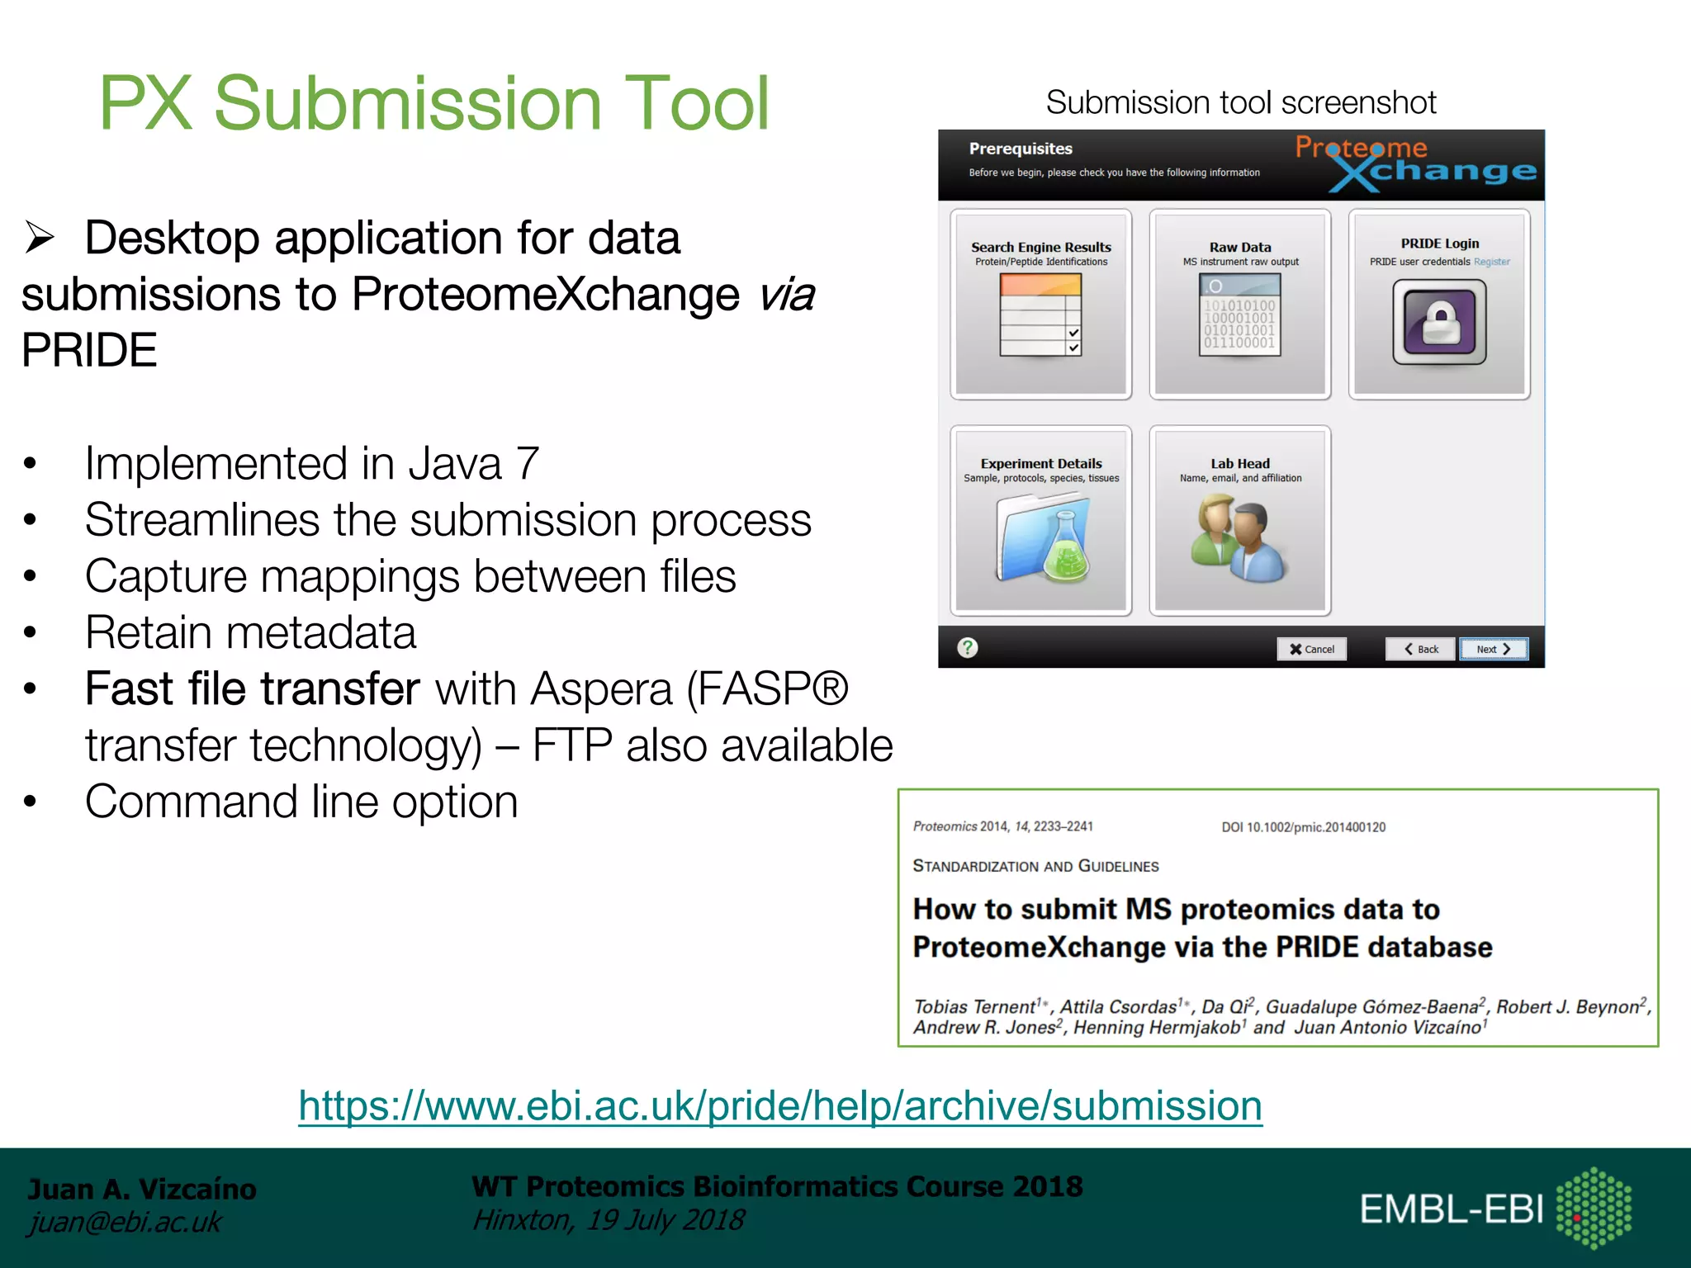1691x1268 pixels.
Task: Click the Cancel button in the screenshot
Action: [x=1311, y=649]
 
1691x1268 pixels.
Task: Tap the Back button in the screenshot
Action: [x=1421, y=649]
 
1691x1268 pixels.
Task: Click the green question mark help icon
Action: [x=968, y=648]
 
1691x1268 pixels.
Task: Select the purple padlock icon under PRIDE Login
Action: [x=1439, y=322]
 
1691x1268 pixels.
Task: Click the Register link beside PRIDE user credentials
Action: [x=1492, y=262]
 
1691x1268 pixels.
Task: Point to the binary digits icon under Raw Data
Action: [x=1239, y=315]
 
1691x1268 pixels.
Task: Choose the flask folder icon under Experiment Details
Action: [x=1042, y=537]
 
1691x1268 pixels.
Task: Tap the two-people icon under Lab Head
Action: [x=1239, y=537]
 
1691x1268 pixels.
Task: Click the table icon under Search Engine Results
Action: [x=1040, y=315]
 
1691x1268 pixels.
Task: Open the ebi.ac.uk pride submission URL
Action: [x=780, y=1105]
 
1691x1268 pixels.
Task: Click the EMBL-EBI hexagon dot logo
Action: [x=1594, y=1208]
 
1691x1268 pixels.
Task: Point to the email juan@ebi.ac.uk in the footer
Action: [x=125, y=1222]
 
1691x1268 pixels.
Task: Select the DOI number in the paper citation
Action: [x=1304, y=827]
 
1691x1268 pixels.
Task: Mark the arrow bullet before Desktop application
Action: [x=40, y=238]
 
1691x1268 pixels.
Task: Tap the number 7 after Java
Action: [x=527, y=464]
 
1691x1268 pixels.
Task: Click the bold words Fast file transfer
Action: [x=253, y=688]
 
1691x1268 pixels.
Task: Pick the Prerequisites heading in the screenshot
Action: [x=1021, y=149]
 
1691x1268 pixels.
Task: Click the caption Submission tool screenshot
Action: [x=1241, y=102]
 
